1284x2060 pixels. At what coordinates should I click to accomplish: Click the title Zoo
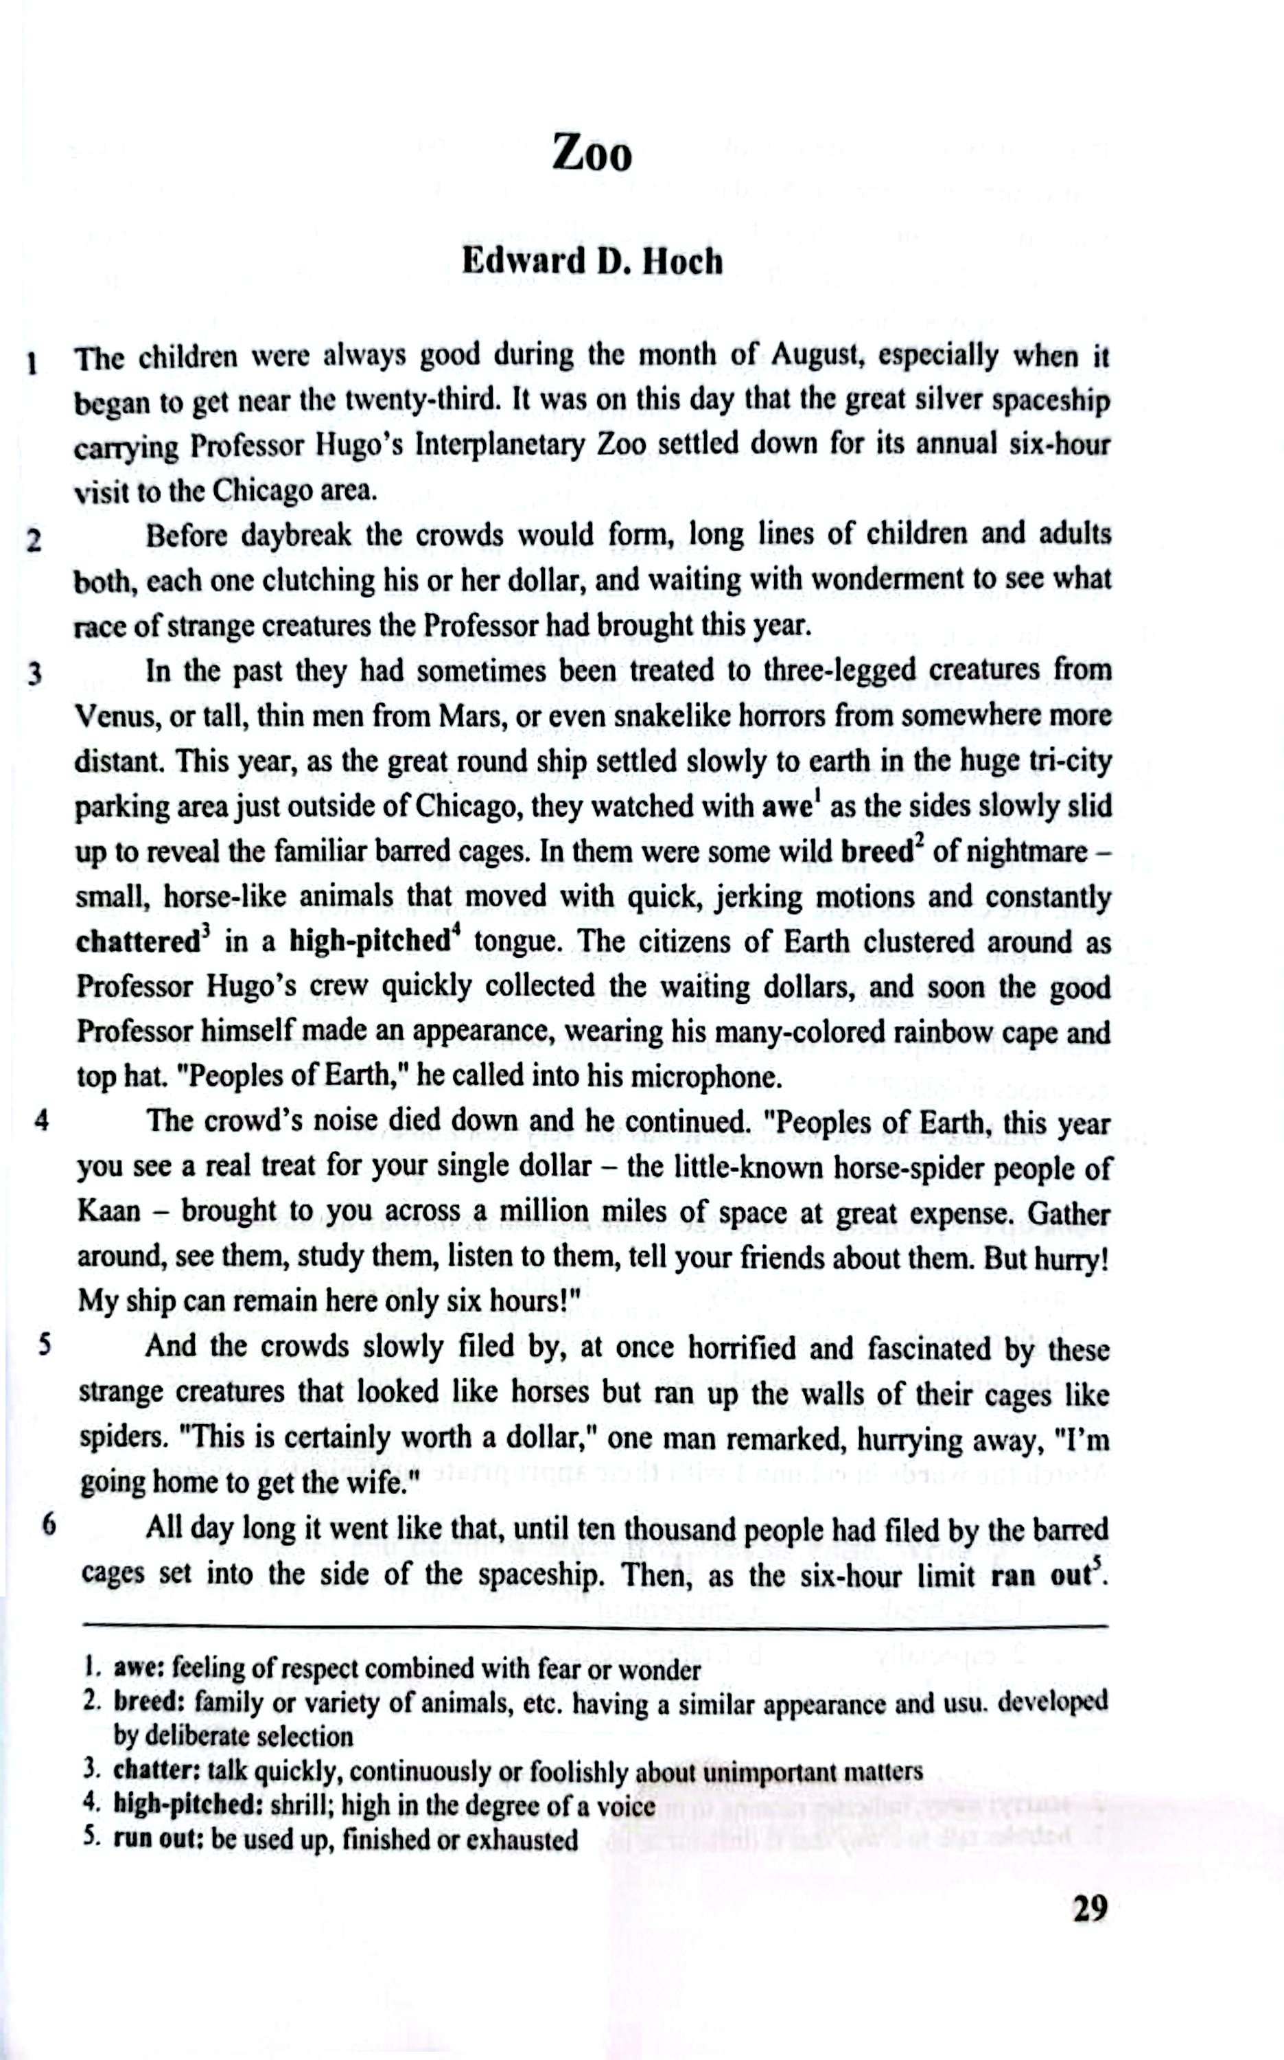pyautogui.click(x=592, y=155)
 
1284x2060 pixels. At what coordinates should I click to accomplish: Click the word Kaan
pyautogui.click(x=108, y=1211)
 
